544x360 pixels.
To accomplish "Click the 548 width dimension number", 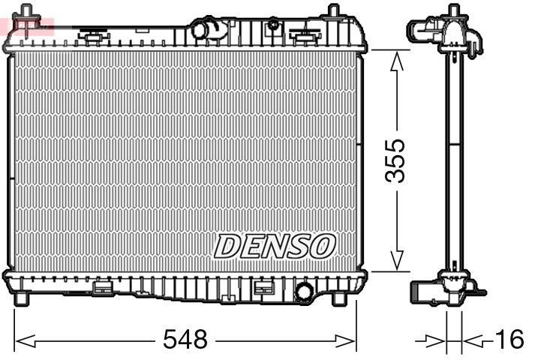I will (x=185, y=340).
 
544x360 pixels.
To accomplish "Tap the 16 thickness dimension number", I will (x=510, y=340).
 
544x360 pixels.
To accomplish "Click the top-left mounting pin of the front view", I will (x=28, y=13).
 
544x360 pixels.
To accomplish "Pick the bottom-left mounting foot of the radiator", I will (x=23, y=298).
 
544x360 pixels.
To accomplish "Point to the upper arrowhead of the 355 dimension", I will (x=398, y=60).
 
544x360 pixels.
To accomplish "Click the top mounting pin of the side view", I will (x=453, y=12).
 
